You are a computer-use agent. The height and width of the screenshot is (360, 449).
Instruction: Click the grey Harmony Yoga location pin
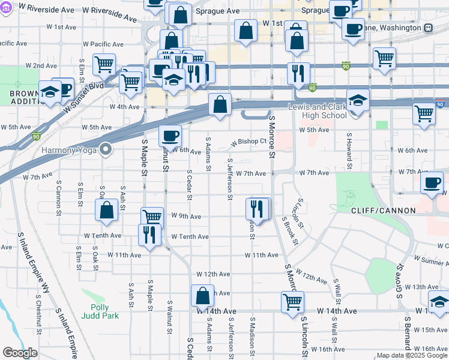click(106, 148)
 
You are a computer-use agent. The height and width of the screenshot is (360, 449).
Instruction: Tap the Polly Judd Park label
click(101, 311)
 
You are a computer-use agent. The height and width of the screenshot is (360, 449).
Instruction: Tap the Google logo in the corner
click(20, 353)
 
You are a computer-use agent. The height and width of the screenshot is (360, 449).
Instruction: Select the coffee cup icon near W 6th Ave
click(170, 136)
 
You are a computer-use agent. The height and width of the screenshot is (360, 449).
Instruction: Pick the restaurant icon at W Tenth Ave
click(149, 234)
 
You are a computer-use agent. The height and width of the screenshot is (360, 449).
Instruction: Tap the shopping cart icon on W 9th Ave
click(152, 217)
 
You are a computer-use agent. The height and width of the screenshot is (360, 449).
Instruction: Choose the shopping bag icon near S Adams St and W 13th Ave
click(202, 295)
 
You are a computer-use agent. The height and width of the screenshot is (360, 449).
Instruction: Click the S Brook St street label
click(290, 230)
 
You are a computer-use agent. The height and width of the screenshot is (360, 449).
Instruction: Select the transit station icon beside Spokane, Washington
click(428, 28)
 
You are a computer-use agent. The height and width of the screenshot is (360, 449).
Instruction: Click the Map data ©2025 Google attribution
click(412, 355)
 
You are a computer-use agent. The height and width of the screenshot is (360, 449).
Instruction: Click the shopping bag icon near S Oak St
click(106, 209)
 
